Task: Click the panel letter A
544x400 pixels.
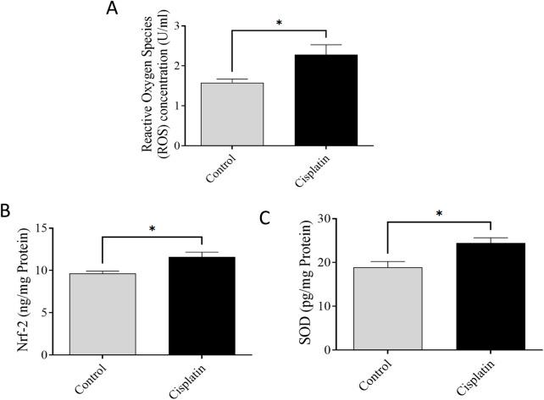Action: point(112,10)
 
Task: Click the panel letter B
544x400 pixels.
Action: point(9,207)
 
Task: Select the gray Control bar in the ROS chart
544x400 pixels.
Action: point(231,114)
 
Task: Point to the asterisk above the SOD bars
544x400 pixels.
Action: point(438,213)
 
